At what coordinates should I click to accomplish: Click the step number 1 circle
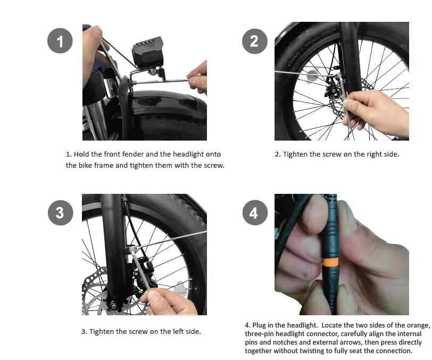click(60, 41)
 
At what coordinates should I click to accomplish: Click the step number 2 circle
click(254, 41)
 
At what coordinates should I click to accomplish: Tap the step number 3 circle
click(60, 212)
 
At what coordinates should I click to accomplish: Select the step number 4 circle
click(254, 212)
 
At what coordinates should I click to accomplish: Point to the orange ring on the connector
click(330, 263)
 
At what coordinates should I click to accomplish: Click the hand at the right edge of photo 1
click(198, 75)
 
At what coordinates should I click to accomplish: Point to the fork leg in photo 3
click(114, 240)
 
